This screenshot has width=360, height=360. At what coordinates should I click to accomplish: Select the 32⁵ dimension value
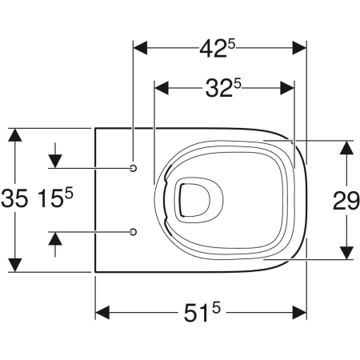(223, 88)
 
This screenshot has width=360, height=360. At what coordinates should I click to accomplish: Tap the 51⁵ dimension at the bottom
(202, 313)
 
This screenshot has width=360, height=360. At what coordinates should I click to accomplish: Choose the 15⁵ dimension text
(55, 198)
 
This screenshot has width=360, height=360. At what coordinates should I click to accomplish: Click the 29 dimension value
(346, 201)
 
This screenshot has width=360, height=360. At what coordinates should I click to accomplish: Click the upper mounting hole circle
(134, 168)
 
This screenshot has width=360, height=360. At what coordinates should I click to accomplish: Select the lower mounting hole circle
(134, 232)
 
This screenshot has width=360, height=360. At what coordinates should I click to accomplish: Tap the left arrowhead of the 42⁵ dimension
(140, 48)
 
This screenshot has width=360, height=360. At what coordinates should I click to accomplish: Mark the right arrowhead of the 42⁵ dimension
(299, 48)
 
